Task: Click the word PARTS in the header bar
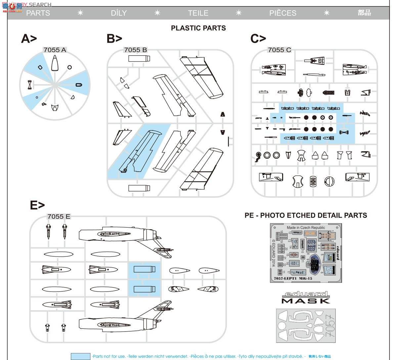pos(38,13)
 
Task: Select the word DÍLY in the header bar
pos(119,13)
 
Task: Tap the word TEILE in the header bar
pos(198,13)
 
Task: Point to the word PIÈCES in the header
pos(283,13)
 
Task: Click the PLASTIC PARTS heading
pos(198,28)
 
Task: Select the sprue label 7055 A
pos(55,50)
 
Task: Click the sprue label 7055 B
pos(135,50)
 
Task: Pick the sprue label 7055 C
pos(280,50)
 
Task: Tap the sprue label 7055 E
pos(59,216)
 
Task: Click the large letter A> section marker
pos(29,39)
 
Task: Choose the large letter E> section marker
pos(37,205)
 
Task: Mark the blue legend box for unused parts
pos(80,356)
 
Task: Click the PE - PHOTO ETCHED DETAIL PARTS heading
pos(306,215)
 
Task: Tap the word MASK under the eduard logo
pos(306,301)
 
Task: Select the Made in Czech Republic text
pos(306,228)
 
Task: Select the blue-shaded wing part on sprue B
pos(139,151)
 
